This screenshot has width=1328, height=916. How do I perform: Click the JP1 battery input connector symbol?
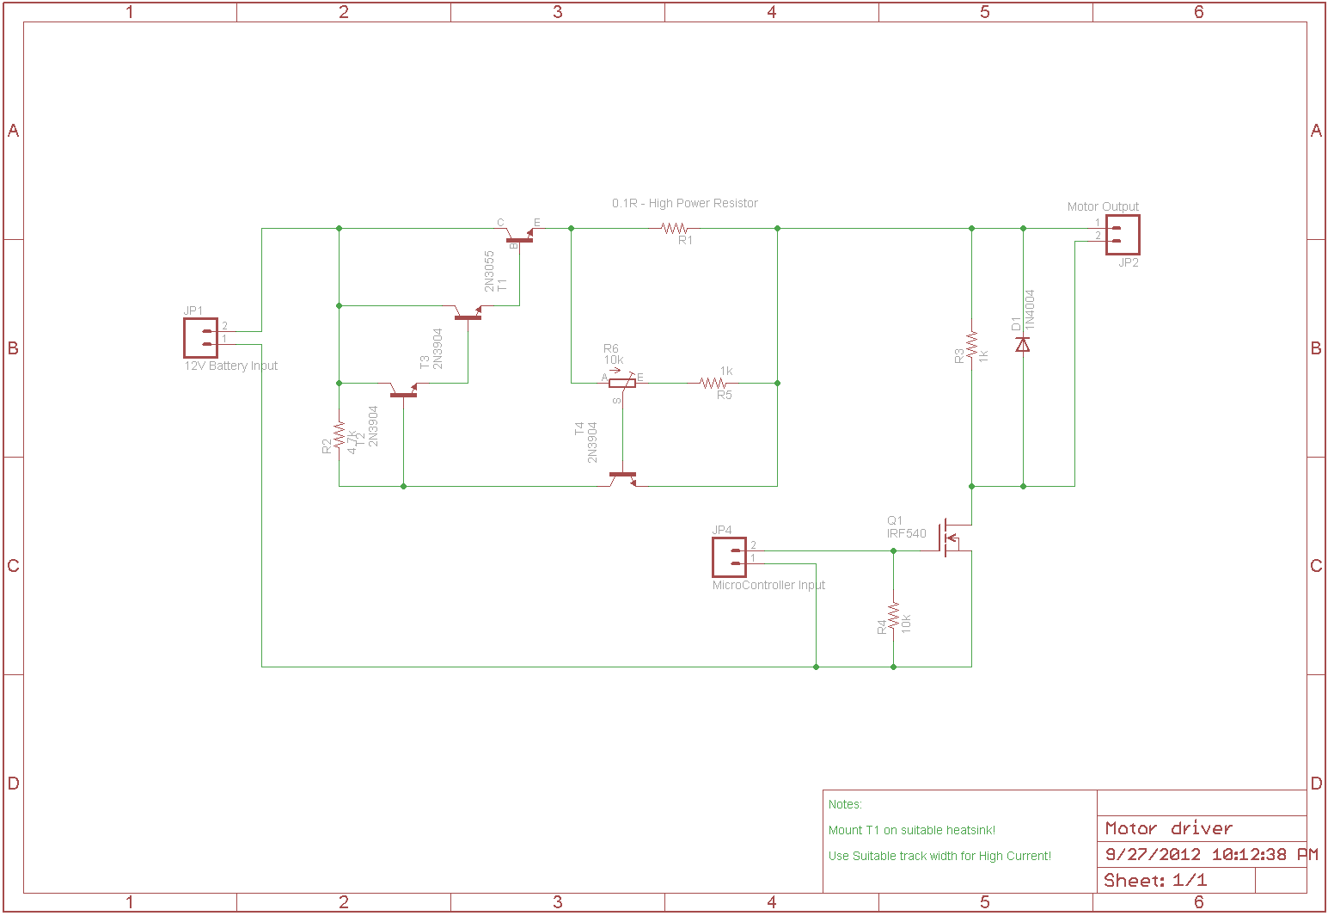coord(200,338)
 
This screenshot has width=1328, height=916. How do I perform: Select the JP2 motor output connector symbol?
coord(1123,235)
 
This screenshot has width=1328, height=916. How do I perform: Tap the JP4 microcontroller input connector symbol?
coord(729,557)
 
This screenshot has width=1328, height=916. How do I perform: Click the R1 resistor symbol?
coord(675,229)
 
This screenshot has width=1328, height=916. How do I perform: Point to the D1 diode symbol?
coord(1023,344)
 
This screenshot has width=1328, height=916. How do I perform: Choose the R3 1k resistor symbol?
coord(971,345)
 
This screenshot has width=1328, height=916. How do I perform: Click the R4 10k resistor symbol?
coord(894,618)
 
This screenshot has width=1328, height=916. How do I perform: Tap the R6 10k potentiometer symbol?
coord(622,382)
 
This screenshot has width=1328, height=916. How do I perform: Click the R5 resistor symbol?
coord(713,383)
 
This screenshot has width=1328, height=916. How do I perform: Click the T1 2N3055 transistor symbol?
coord(519,237)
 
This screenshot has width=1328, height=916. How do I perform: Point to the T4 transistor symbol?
coord(622,476)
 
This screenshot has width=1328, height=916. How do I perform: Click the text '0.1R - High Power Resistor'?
coord(685,204)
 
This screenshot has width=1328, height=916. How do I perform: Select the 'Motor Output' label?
coord(1103,206)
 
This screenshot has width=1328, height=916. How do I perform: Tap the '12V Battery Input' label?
coord(231,366)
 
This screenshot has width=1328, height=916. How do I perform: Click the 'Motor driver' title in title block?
coord(1168,828)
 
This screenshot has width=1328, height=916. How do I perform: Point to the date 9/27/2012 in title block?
coord(1153,854)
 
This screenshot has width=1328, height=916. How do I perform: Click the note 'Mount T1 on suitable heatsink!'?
coord(911,830)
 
